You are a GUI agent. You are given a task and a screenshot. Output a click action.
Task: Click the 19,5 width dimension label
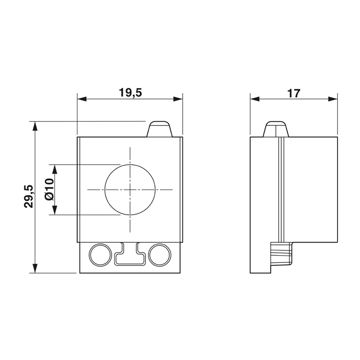(130, 93)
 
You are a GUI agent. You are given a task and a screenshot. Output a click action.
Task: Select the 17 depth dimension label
(294, 93)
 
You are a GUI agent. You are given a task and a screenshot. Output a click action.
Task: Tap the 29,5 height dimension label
(29, 196)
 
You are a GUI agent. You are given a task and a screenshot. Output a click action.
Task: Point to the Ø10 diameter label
(49, 189)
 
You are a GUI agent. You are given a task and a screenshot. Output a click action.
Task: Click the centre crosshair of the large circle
(130, 189)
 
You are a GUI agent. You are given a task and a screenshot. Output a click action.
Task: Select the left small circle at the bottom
(99, 255)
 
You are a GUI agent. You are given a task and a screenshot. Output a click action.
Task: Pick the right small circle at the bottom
(160, 255)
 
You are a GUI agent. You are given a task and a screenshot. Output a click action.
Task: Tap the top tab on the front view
(160, 129)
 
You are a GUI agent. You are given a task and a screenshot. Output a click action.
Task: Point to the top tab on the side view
(276, 129)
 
